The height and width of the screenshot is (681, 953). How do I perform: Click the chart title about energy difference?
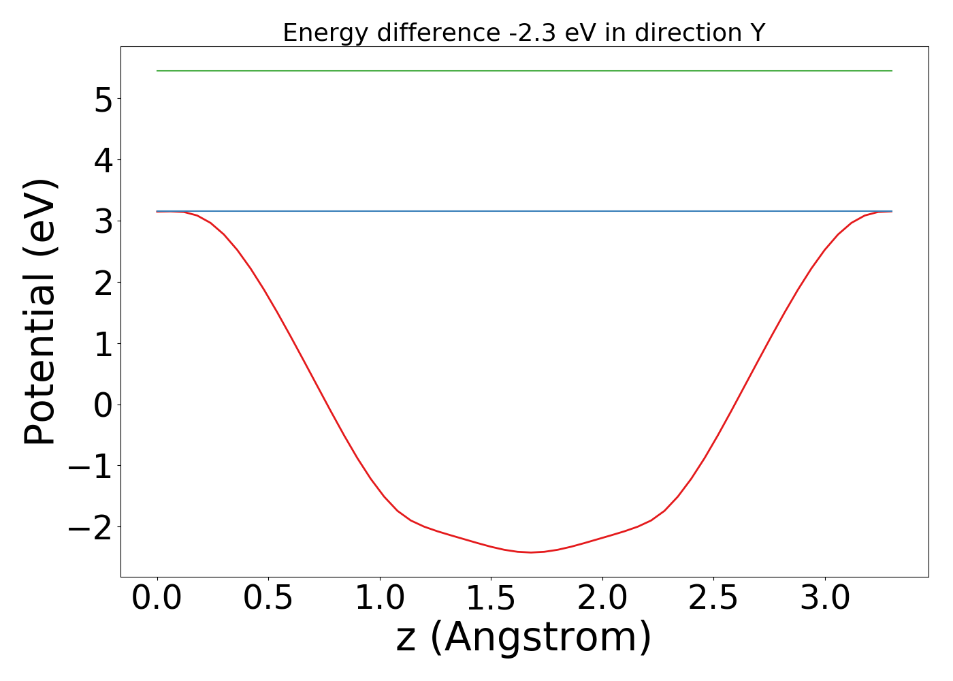coord(524,33)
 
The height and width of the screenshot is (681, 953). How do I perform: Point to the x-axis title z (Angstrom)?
coord(524,637)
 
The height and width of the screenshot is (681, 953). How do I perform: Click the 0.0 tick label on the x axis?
coord(157,599)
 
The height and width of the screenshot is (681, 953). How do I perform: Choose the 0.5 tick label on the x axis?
coord(268,599)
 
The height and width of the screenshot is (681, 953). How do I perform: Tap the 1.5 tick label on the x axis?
coord(491,599)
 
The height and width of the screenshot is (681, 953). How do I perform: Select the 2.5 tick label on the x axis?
coord(713,599)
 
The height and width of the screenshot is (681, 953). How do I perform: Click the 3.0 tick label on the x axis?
coord(824,599)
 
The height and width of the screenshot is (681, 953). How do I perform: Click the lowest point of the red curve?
coord(531,552)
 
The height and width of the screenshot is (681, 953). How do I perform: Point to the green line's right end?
coord(891,71)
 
